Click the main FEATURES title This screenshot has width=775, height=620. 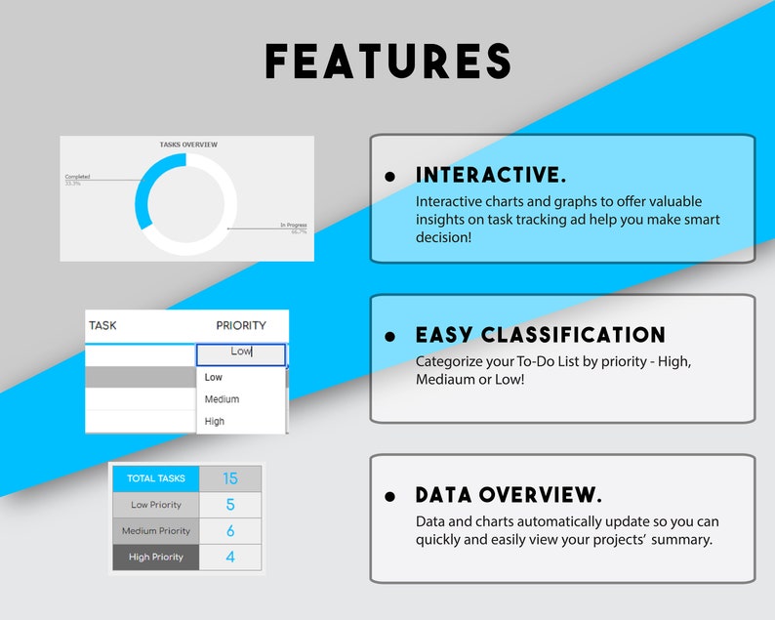(388, 62)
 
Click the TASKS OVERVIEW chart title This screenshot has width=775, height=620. (188, 145)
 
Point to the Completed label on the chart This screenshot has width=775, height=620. (77, 177)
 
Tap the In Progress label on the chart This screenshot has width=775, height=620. (293, 226)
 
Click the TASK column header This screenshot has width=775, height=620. (102, 325)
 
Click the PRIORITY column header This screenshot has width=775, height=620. (240, 325)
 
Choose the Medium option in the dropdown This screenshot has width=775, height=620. (222, 399)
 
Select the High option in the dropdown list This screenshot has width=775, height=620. (215, 422)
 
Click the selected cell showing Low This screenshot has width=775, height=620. (240, 352)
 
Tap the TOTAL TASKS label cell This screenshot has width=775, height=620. (155, 478)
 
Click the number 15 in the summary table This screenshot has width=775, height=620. (230, 478)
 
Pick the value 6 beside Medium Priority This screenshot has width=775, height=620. (230, 531)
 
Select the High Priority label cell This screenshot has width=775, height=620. (155, 557)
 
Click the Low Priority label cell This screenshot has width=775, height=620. (155, 505)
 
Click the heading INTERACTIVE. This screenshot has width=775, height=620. (491, 176)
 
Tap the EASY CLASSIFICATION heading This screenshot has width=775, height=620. (541, 336)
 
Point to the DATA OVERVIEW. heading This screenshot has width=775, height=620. (509, 495)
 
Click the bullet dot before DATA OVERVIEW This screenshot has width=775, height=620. (390, 496)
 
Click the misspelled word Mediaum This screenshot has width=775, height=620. (447, 379)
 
